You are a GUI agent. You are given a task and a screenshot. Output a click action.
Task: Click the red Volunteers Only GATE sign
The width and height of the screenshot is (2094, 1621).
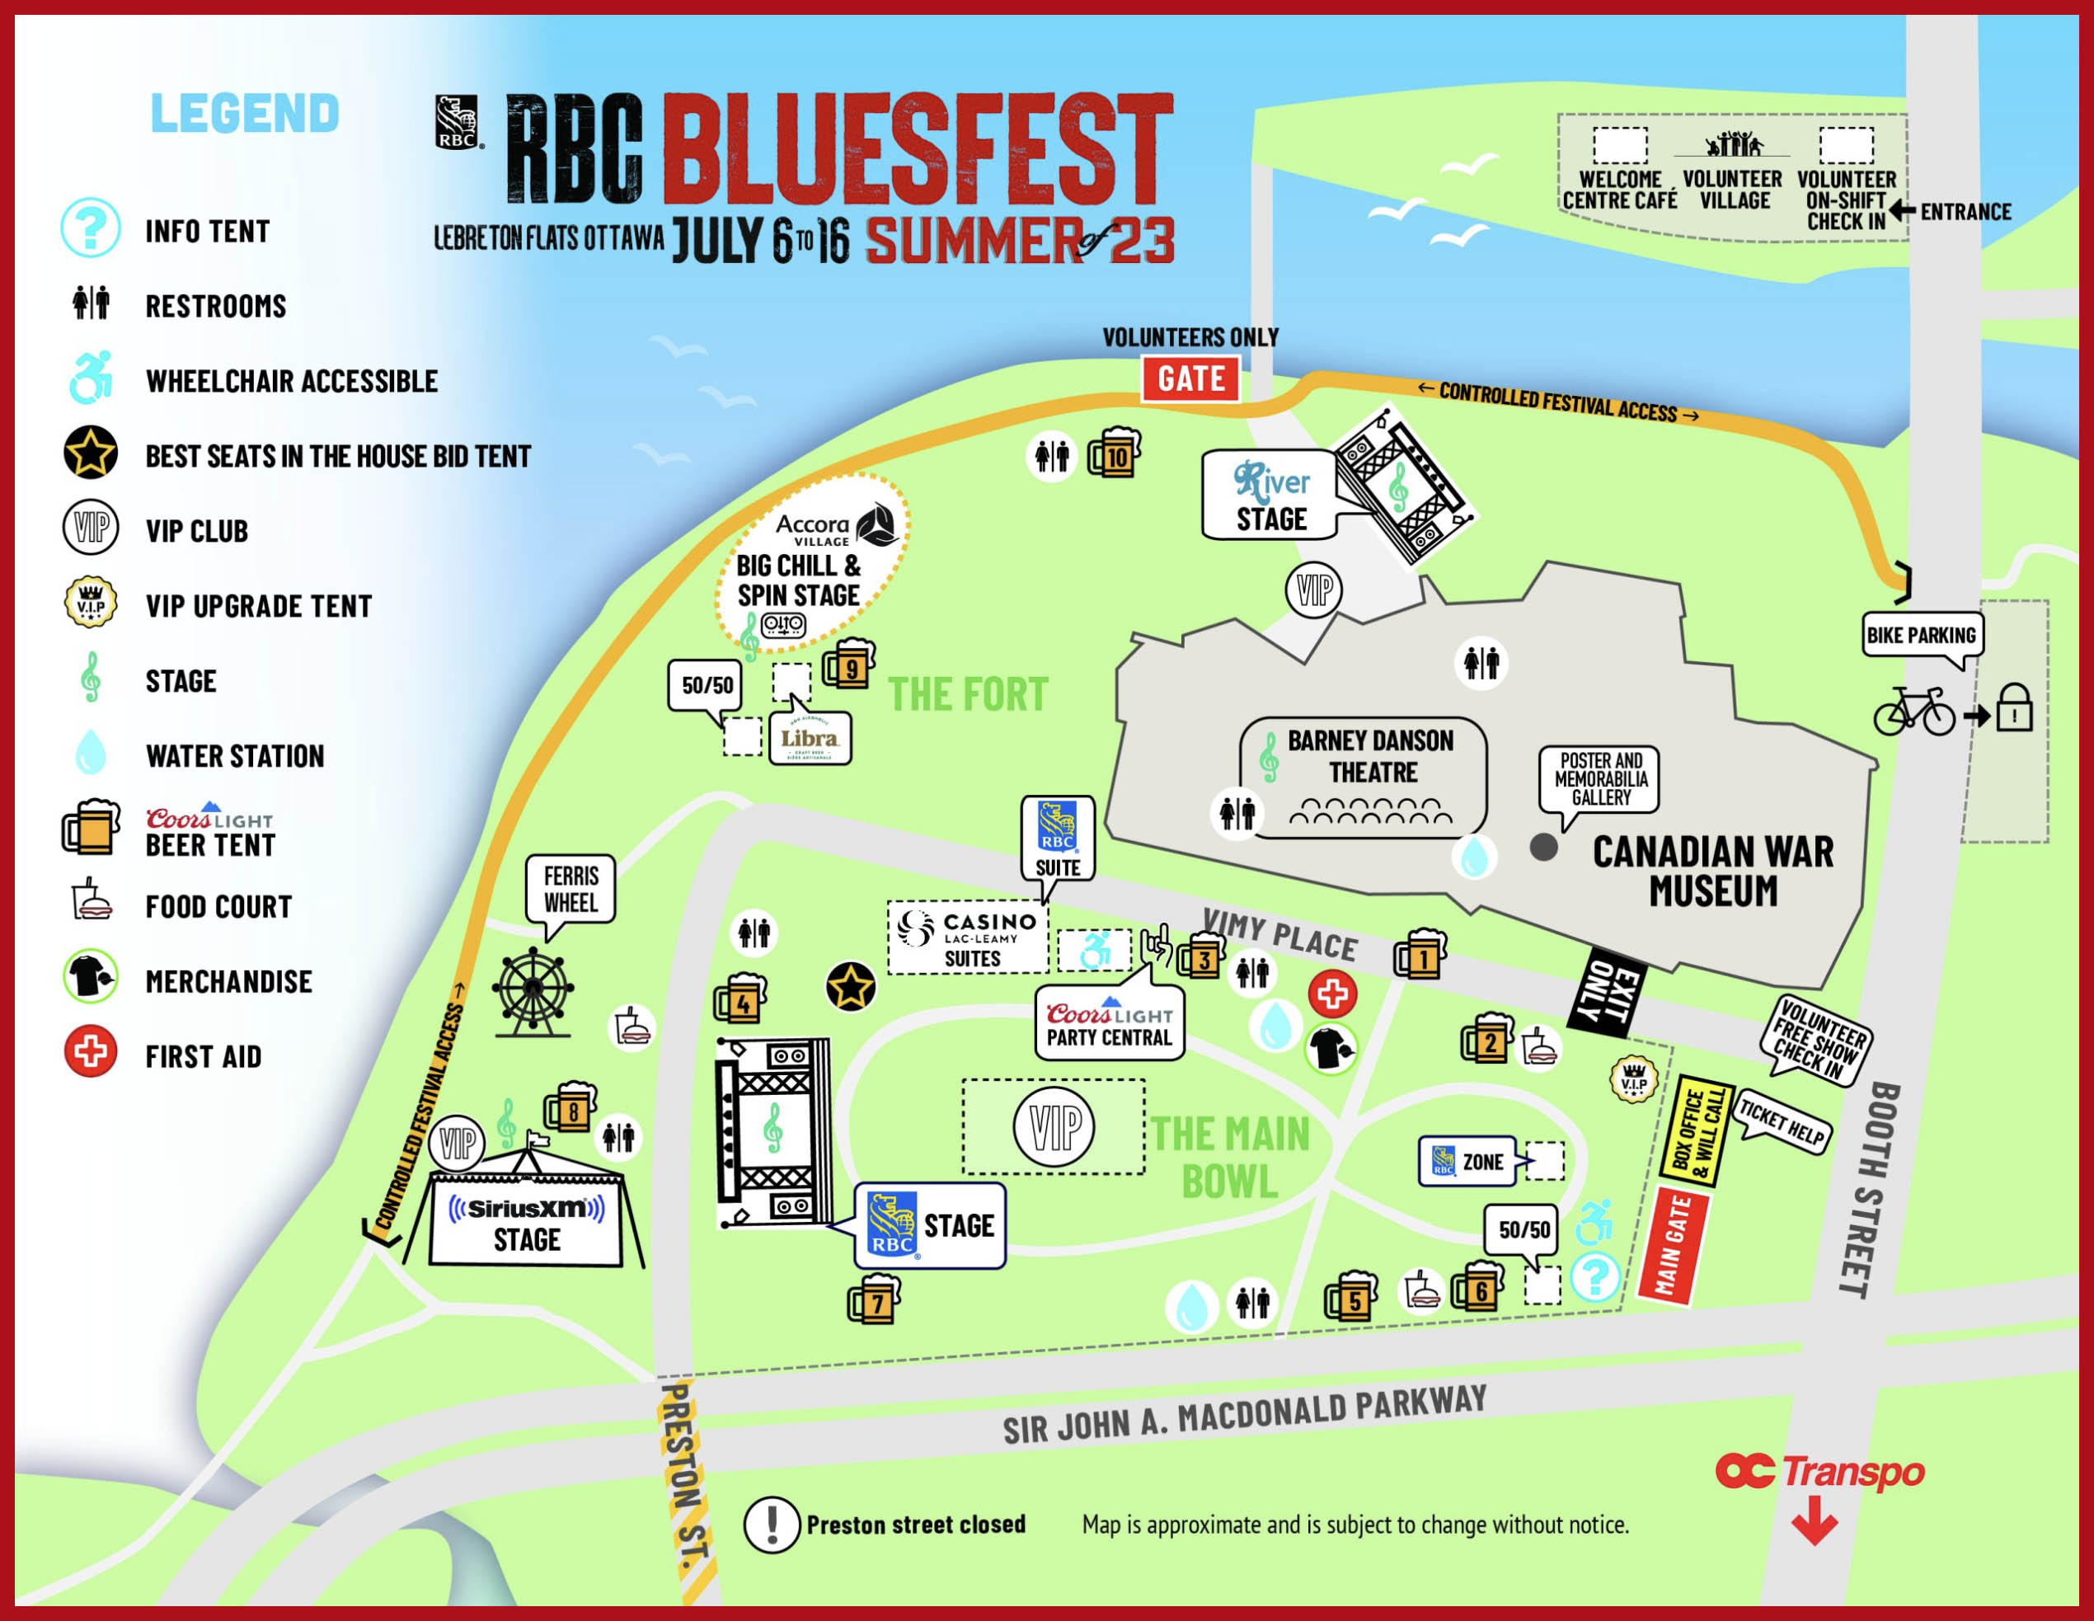pyautogui.click(x=1190, y=379)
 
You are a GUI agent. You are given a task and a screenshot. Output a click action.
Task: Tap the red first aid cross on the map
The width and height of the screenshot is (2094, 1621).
pyautogui.click(x=1331, y=994)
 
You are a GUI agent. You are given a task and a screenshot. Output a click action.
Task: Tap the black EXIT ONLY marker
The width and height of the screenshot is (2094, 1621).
pyautogui.click(x=1611, y=992)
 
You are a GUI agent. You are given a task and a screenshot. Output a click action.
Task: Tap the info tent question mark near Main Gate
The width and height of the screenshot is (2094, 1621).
pyautogui.click(x=1594, y=1276)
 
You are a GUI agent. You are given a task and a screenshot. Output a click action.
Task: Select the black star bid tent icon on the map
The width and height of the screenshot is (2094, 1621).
pyautogui.click(x=851, y=986)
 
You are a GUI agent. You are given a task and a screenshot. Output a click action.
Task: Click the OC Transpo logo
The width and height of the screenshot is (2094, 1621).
pyautogui.click(x=1819, y=1473)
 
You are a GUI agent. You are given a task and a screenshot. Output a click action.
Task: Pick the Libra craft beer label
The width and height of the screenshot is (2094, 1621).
pyautogui.click(x=810, y=739)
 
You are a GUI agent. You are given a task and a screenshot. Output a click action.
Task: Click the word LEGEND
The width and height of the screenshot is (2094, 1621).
pyautogui.click(x=245, y=113)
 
